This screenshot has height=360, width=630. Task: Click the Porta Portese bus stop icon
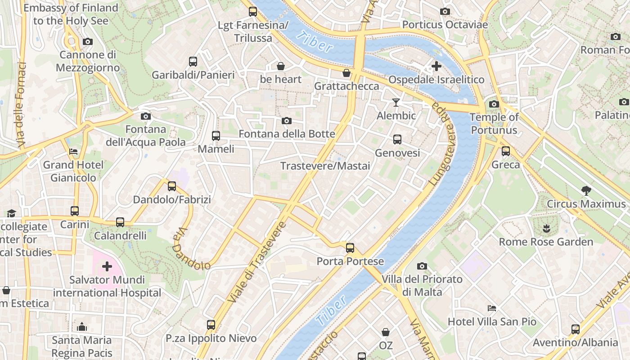tap(350, 248)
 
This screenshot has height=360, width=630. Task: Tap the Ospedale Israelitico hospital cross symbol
tap(436, 66)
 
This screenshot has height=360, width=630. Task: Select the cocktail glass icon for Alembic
tap(396, 103)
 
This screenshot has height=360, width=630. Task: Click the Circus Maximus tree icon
tap(586, 191)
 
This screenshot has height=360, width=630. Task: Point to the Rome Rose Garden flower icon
tap(547, 228)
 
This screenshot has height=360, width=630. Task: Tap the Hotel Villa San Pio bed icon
tap(492, 308)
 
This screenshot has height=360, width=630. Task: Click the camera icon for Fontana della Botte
tap(287, 121)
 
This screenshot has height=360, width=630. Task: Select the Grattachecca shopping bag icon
tap(346, 73)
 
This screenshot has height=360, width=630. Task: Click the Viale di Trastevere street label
tap(257, 262)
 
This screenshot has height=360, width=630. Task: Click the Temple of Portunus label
tap(494, 124)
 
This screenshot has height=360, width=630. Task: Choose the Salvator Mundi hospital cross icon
tap(107, 267)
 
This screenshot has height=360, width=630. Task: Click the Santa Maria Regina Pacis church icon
tap(82, 327)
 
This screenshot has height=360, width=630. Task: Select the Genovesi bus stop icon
tap(397, 139)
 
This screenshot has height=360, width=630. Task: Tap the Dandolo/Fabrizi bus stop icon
tap(172, 186)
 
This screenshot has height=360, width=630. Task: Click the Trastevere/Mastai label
tap(325, 166)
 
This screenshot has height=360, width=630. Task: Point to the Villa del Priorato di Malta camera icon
tap(422, 266)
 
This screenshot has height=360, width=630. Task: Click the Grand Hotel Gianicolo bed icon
tap(73, 152)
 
